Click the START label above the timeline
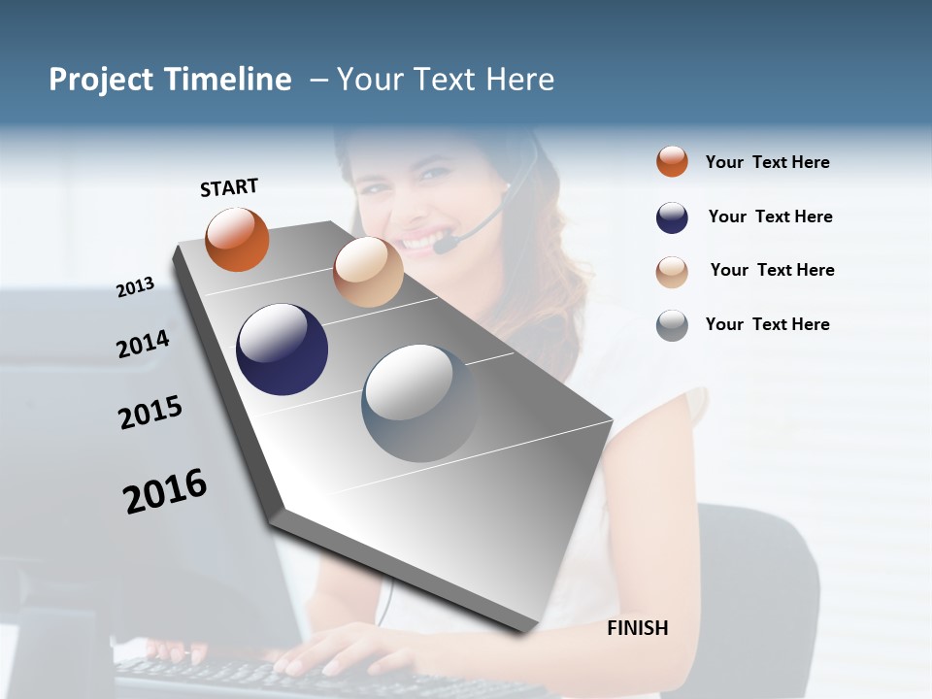point(229,187)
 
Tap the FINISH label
point(638,628)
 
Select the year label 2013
point(135,287)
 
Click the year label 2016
point(165,490)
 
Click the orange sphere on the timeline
point(237,239)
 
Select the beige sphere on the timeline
point(368,272)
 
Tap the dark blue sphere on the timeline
point(282,349)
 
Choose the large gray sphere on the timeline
point(420,403)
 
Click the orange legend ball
point(672,161)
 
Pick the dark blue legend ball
point(672,217)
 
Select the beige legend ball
point(672,271)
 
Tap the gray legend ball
point(672,325)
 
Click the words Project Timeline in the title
point(170,80)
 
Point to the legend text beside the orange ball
point(767,162)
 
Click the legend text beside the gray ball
point(767,324)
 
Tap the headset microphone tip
point(443,247)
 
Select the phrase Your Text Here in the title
point(446,80)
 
